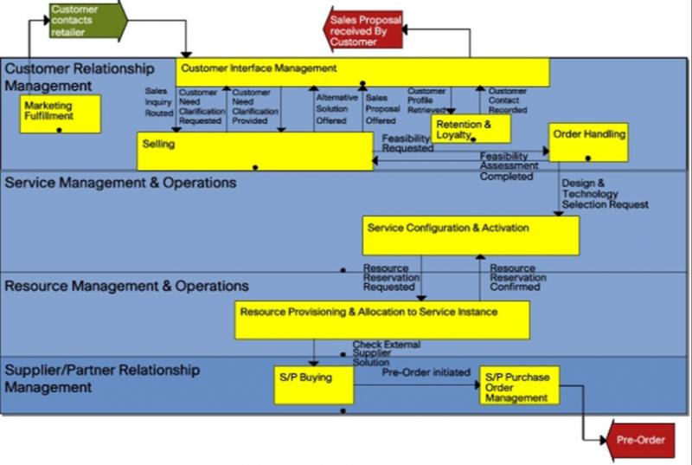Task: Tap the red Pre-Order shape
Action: pyautogui.click(x=641, y=440)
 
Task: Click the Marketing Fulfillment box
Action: pyautogui.click(x=61, y=114)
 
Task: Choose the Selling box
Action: pyautogui.click(x=255, y=152)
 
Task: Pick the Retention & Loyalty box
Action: pyautogui.click(x=471, y=129)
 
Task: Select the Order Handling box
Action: pyautogui.click(x=588, y=143)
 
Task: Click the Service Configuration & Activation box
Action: pyautogui.click(x=471, y=236)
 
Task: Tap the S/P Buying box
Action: pyautogui.click(x=314, y=385)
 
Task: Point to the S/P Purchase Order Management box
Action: pyautogui.click(x=520, y=385)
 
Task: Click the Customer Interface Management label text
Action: pyautogui.click(x=259, y=68)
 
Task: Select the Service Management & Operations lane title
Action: pyautogui.click(x=120, y=183)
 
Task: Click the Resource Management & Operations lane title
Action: pyautogui.click(x=126, y=286)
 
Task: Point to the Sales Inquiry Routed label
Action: pyautogui.click(x=159, y=102)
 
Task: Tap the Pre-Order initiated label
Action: pyautogui.click(x=426, y=372)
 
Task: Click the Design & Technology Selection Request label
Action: pyautogui.click(x=605, y=194)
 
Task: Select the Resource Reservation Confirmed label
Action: pyautogui.click(x=518, y=278)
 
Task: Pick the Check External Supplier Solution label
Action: pyautogui.click(x=386, y=353)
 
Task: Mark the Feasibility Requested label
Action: pyautogui.click(x=407, y=144)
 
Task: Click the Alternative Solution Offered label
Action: pyautogui.click(x=336, y=109)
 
